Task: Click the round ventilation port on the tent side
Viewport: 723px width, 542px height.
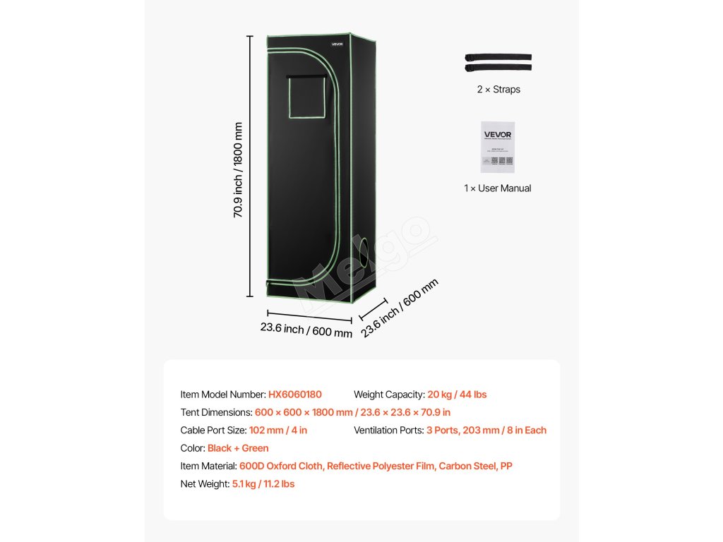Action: click(365, 252)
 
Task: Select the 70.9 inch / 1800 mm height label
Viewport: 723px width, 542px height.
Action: click(239, 170)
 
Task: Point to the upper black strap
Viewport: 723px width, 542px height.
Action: click(498, 57)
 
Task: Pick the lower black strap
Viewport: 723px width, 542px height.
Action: click(498, 68)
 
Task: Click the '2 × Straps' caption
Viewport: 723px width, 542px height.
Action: click(498, 90)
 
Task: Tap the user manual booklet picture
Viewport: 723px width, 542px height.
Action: click(498, 147)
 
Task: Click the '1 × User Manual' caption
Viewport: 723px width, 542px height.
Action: click(498, 188)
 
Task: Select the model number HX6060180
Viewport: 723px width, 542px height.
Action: click(294, 395)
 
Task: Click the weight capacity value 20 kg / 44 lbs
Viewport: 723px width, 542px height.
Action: click(457, 395)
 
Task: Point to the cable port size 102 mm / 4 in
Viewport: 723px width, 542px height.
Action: click(278, 430)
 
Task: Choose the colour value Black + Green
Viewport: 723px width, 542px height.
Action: click(238, 448)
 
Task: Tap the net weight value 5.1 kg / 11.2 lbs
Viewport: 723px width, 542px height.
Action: click(263, 484)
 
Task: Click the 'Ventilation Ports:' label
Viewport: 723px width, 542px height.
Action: click(388, 430)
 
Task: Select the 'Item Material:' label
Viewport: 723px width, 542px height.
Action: click(209, 466)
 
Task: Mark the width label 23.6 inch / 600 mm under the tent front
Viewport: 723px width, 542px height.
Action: click(306, 330)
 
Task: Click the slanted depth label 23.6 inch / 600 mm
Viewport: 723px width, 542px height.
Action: click(400, 308)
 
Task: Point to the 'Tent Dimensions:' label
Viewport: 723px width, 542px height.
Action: click(216, 412)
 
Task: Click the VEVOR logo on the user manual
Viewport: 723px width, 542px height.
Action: click(498, 132)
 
